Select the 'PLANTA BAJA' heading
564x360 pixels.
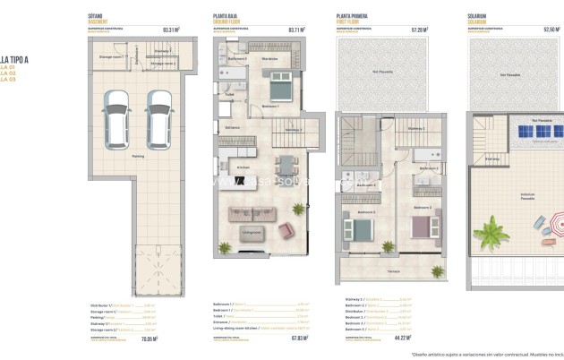point(226,16)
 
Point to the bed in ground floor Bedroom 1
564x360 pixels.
point(278,87)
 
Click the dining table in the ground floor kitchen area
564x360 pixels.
point(284,166)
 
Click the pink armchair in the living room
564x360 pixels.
point(286,229)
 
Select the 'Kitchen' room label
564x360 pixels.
point(242,167)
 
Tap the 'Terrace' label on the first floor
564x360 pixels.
point(393,270)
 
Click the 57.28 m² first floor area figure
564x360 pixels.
point(418,30)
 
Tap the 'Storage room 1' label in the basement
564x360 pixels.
point(110,55)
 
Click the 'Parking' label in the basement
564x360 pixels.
point(138,153)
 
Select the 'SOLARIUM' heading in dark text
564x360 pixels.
point(477,16)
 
